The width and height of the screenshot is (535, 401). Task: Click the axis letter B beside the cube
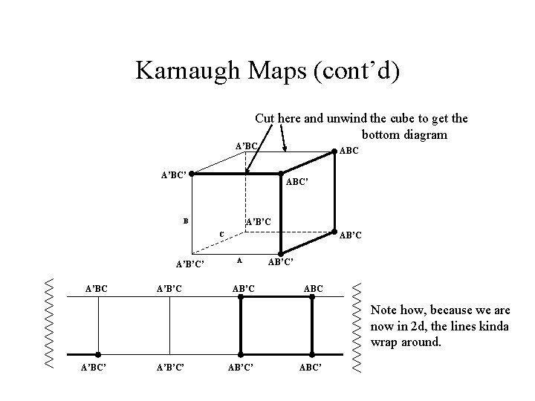(x=187, y=221)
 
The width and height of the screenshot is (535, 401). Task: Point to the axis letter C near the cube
(x=221, y=236)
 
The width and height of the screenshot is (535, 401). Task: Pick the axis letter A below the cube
(x=238, y=261)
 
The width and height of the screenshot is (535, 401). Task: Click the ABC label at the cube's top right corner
(x=349, y=150)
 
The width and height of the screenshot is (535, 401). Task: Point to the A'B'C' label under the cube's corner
(x=189, y=264)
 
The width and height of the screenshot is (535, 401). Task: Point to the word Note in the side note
(x=384, y=310)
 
